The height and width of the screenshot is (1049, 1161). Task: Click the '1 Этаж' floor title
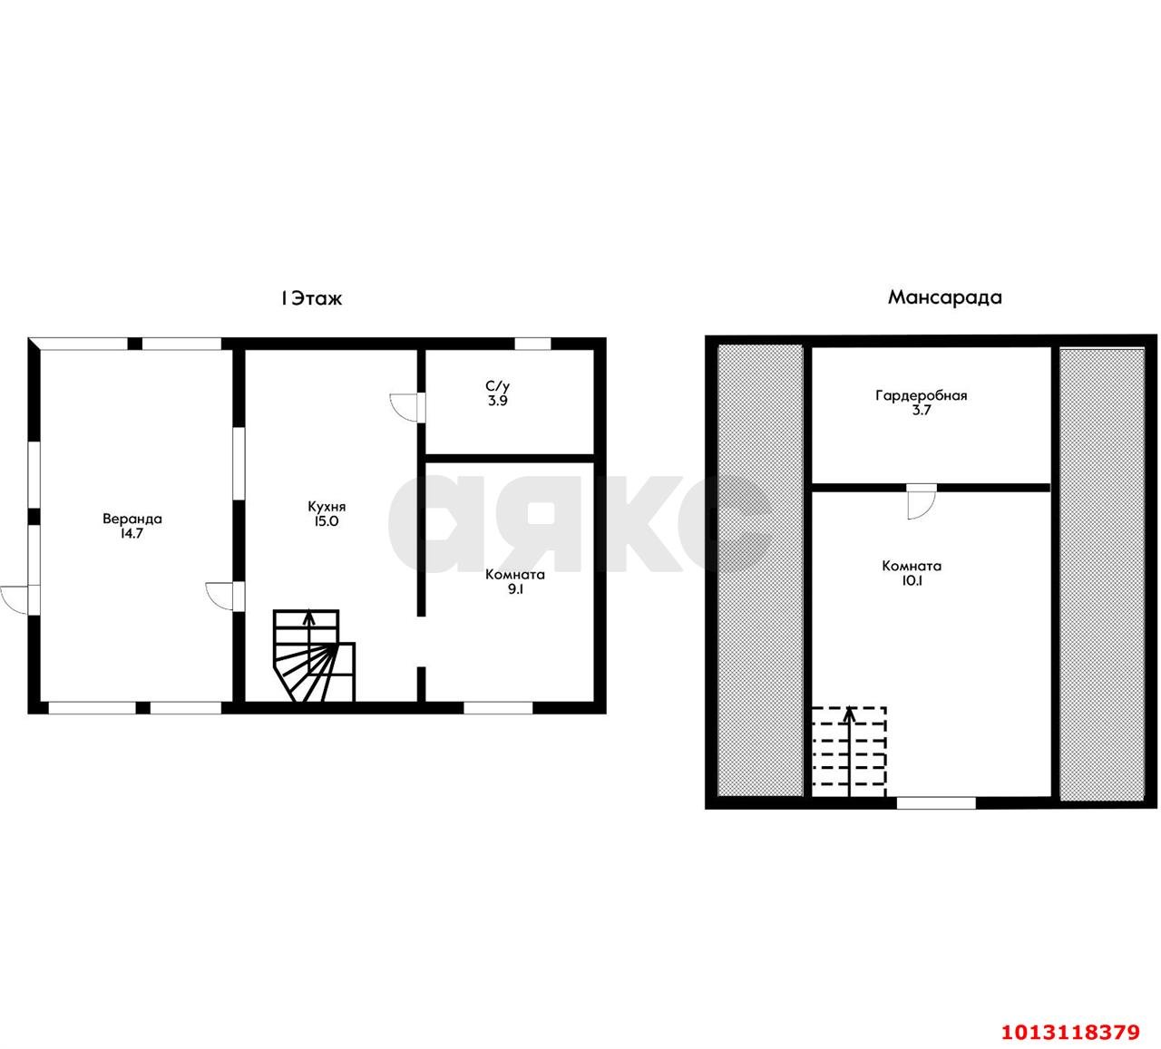coord(311,298)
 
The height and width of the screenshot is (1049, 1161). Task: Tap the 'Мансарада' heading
coord(944,297)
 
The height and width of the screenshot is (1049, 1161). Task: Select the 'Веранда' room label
coord(132,519)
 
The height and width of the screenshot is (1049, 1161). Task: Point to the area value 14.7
coord(132,533)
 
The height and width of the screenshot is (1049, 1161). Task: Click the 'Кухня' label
coord(327,507)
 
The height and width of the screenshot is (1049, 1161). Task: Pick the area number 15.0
coord(327,521)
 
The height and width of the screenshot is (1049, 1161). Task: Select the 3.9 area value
coord(498,401)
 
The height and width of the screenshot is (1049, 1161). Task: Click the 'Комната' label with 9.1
coord(515,575)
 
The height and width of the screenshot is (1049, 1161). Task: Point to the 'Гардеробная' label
coord(922,396)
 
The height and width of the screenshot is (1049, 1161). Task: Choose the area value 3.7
coord(922,410)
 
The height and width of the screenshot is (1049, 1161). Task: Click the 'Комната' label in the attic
coord(912,566)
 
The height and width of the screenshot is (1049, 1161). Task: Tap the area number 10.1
coord(912,580)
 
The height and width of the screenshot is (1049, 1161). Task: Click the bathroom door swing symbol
coord(405,408)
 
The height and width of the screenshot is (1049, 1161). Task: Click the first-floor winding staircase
coord(314,656)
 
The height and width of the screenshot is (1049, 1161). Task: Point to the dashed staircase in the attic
coord(849,752)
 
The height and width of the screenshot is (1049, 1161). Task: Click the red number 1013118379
coord(1070,1032)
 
